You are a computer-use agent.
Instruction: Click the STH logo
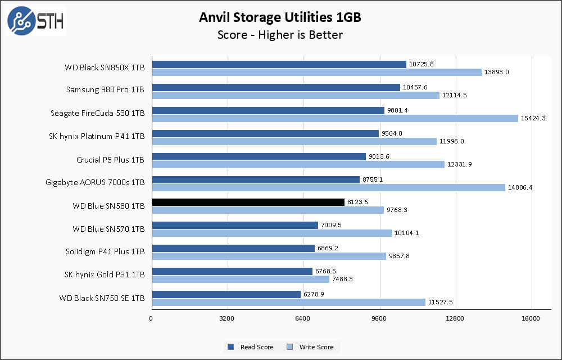[x=35, y=21]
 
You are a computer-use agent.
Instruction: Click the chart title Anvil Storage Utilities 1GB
[x=280, y=17]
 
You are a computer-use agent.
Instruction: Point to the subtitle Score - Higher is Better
[x=280, y=35]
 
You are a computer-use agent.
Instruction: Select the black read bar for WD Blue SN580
[x=248, y=202]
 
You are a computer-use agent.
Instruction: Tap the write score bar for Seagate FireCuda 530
[x=334, y=118]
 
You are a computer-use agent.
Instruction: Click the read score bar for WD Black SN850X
[x=279, y=64]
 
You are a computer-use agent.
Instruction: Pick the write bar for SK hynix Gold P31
[x=241, y=279]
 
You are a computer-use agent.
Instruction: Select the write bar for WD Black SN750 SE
[x=288, y=302]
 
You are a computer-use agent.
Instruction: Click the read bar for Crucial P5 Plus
[x=259, y=156]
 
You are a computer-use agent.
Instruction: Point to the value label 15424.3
[x=533, y=118]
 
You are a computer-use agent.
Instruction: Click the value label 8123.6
[x=358, y=202]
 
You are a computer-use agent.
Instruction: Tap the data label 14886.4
[x=520, y=187]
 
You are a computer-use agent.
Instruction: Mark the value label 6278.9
[x=315, y=294]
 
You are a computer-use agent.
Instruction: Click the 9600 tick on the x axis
[x=379, y=319]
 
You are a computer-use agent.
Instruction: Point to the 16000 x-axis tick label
[x=531, y=319]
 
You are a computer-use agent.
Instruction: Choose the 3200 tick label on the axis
[x=227, y=319]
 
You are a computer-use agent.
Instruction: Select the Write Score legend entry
[x=311, y=347]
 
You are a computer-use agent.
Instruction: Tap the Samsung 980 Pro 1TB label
[x=105, y=90]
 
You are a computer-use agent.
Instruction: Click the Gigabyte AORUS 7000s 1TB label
[x=95, y=183]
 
